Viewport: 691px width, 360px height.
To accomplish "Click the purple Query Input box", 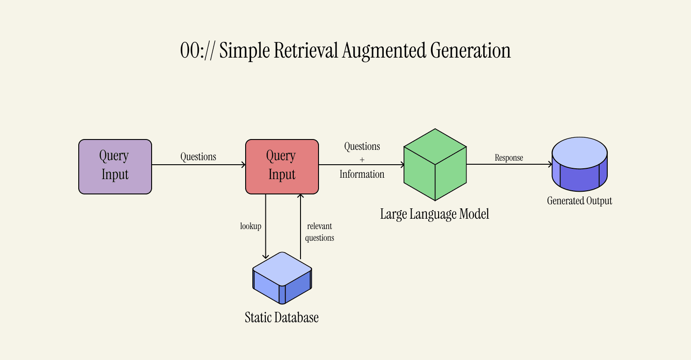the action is pos(115,166).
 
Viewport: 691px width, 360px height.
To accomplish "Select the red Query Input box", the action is pos(282,166).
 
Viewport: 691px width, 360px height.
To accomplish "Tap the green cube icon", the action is pos(435,165).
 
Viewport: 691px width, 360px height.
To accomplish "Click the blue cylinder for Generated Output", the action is pos(579,164).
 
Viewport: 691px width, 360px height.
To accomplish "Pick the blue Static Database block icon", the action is pos(282,278).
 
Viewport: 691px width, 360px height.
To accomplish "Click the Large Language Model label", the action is pos(434,214).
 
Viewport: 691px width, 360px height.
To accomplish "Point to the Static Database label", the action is pos(282,317).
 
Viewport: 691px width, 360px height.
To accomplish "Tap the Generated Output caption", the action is pos(579,201).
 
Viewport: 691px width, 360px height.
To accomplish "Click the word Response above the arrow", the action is pos(509,158).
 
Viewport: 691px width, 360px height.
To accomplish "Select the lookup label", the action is pos(251,226).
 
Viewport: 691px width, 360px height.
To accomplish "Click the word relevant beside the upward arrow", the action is pos(319,226).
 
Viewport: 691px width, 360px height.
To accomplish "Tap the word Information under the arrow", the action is pos(362,174).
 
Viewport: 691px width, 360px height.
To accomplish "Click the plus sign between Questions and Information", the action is pos(362,160).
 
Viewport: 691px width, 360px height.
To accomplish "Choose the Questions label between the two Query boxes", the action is pos(198,157).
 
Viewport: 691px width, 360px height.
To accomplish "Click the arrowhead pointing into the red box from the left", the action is pos(243,165).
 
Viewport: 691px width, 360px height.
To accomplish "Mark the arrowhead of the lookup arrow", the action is pos(265,256).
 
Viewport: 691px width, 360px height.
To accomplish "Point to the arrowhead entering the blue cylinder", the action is pos(550,164).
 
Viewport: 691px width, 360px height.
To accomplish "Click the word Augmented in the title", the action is pos(384,50).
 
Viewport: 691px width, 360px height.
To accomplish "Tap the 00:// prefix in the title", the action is pos(197,50).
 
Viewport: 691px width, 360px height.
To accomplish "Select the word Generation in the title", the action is pos(471,50).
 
